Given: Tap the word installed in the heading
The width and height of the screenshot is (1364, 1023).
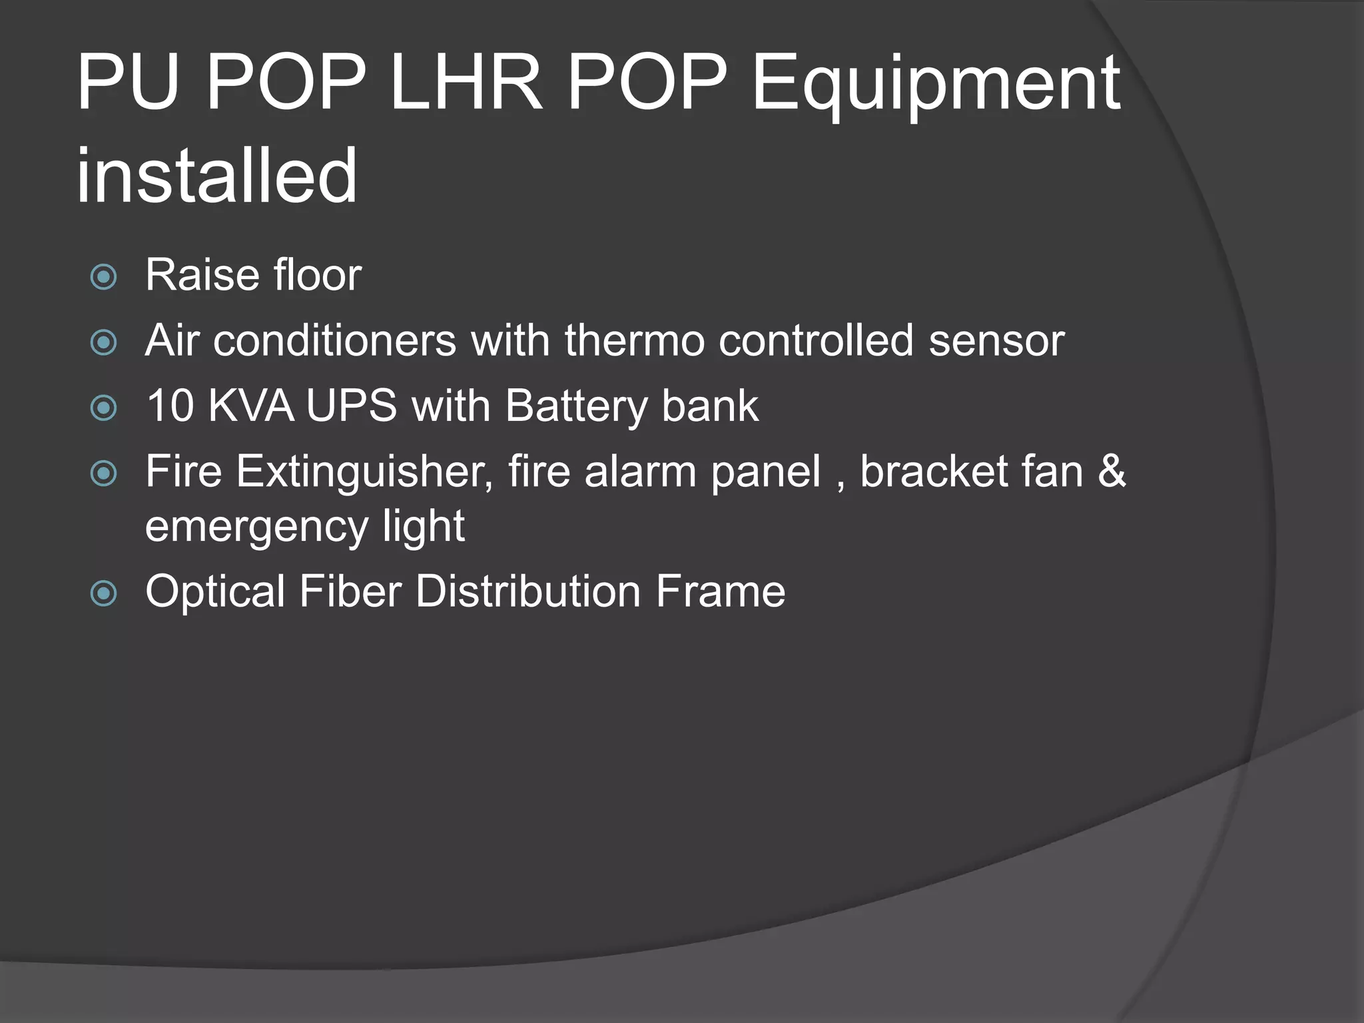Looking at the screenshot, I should [x=217, y=176].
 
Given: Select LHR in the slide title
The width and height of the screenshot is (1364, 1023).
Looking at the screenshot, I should [x=466, y=83].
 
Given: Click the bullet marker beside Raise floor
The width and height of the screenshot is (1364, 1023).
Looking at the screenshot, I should [x=103, y=277].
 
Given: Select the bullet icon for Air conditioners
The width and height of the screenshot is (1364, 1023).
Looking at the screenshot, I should [x=103, y=343].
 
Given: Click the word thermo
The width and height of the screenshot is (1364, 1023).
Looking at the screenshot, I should [x=634, y=340].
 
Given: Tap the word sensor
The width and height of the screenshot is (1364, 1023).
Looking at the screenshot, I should [x=996, y=341].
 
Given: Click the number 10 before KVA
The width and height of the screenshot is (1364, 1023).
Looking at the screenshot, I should [x=169, y=406].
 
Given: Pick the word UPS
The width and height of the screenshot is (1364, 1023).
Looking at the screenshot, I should [x=351, y=406].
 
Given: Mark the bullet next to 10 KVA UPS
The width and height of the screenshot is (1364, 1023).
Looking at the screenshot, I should [x=103, y=408].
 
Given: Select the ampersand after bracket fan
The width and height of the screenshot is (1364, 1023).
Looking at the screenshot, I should [x=1112, y=472].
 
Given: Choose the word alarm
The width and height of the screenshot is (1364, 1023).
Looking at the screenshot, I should [x=640, y=472].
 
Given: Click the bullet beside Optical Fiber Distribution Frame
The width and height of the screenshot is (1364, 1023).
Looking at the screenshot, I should [x=103, y=593].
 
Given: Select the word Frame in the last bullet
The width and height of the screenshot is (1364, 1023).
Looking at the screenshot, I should [x=720, y=591].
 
